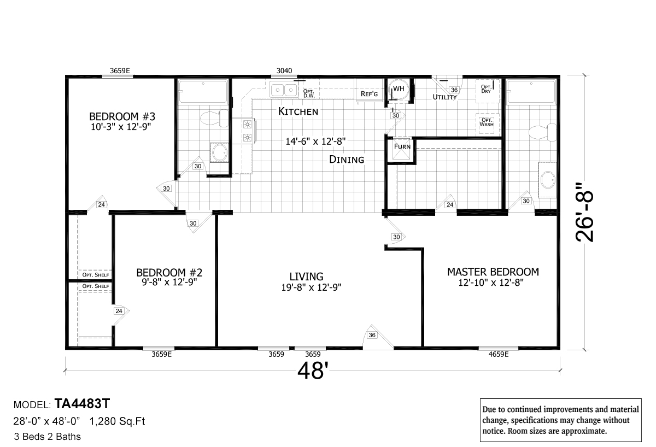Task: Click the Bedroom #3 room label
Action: pyautogui.click(x=122, y=116)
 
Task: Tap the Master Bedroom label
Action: pyautogui.click(x=493, y=272)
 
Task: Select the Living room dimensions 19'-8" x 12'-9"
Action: pyautogui.click(x=311, y=287)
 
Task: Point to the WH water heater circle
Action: pyautogui.click(x=399, y=90)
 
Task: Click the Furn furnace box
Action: pyautogui.click(x=401, y=150)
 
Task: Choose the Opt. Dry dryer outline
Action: pyautogui.click(x=487, y=91)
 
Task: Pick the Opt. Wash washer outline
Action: pyautogui.click(x=487, y=123)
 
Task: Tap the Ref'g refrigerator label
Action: pyautogui.click(x=369, y=94)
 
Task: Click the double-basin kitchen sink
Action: pyautogui.click(x=284, y=90)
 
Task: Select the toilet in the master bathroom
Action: pyautogui.click(x=542, y=132)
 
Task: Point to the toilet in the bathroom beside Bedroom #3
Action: pyautogui.click(x=214, y=118)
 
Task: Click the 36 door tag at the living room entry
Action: pyautogui.click(x=372, y=335)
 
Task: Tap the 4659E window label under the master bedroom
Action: pyautogui.click(x=499, y=355)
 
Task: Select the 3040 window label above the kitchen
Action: pyautogui.click(x=284, y=71)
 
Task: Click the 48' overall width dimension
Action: pyautogui.click(x=312, y=370)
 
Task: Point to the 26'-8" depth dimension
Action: pyautogui.click(x=584, y=216)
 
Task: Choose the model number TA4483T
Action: pyautogui.click(x=82, y=404)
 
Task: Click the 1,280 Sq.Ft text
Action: pyautogui.click(x=117, y=421)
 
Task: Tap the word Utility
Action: pyautogui.click(x=444, y=97)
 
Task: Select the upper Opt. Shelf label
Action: pyautogui.click(x=96, y=275)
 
